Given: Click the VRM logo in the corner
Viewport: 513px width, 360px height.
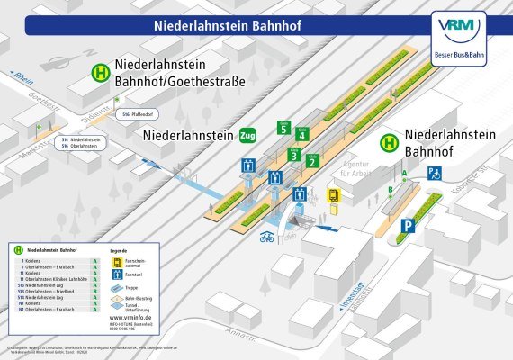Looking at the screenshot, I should (460, 35).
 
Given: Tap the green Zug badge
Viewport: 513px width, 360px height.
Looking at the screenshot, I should (247, 136).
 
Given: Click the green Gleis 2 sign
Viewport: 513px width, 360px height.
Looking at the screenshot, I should (312, 161).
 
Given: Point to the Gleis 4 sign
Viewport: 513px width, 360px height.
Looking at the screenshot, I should (302, 134).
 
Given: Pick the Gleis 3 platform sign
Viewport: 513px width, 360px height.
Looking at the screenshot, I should (293, 155).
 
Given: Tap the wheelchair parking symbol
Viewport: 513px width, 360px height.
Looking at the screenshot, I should (434, 173).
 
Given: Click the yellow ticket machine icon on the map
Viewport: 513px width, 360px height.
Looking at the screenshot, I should (334, 194).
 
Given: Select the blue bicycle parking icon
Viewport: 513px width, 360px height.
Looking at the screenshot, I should (266, 239).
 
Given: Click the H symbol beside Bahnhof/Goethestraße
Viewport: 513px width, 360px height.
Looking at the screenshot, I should (103, 74).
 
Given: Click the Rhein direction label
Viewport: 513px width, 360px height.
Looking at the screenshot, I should (21, 79).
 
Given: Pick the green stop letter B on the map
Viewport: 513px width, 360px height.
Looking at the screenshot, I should (391, 190).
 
